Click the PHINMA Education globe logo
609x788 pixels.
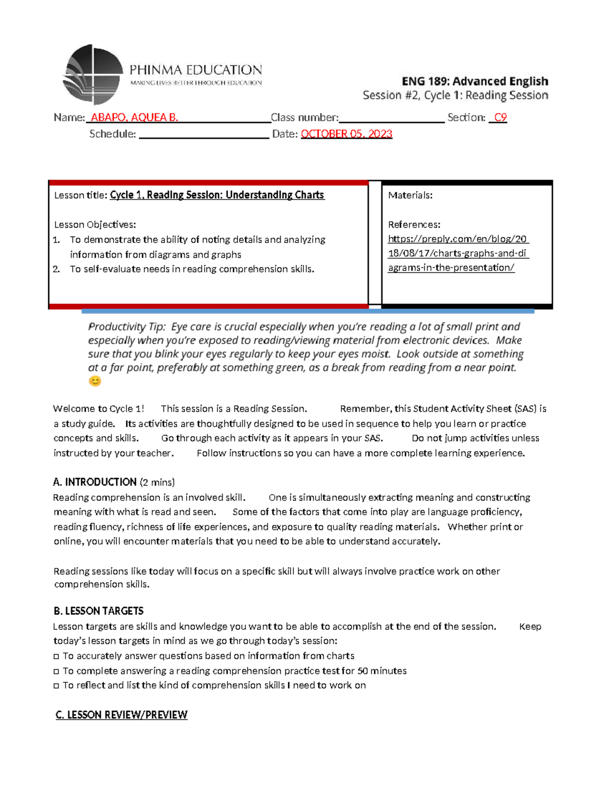[x=93, y=75]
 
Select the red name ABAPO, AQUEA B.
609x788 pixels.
[x=134, y=118]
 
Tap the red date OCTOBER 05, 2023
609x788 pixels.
[x=346, y=134]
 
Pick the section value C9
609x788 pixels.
[x=500, y=118]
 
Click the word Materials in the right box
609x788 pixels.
[x=410, y=195]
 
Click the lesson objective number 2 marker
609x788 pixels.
[x=56, y=269]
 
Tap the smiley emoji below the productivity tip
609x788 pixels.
[x=95, y=381]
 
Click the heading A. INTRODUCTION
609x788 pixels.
[x=95, y=482]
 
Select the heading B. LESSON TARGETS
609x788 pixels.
[x=98, y=611]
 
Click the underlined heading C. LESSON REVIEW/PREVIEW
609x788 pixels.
[x=121, y=715]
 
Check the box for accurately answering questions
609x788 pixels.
[x=56, y=657]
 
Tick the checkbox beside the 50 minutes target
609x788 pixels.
[x=56, y=671]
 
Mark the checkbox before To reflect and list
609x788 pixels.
[x=56, y=686]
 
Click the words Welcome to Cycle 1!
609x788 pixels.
[x=98, y=409]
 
